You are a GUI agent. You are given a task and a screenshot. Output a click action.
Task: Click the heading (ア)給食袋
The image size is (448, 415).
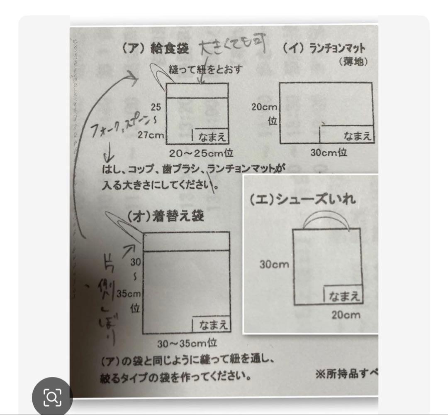click(156, 49)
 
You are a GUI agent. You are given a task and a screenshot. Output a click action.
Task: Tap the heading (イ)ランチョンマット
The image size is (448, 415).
click(325, 49)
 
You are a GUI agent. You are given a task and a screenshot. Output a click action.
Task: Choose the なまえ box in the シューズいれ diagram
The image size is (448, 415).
click(342, 296)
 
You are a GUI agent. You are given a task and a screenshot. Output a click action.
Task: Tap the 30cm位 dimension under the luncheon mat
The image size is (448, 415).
click(329, 152)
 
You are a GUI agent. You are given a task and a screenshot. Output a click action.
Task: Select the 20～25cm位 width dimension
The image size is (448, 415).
click(201, 153)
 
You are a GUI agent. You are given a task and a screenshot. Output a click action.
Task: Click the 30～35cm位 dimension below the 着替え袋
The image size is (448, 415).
click(187, 343)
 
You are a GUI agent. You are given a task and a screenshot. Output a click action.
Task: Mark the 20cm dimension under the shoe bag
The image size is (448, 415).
click(346, 315)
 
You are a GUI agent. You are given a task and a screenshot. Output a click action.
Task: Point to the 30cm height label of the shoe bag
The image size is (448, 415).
click(274, 264)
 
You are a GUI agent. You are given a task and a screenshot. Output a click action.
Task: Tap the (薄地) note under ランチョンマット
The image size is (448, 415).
click(353, 62)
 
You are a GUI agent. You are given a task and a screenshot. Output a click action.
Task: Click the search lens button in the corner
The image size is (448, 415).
click(52, 398)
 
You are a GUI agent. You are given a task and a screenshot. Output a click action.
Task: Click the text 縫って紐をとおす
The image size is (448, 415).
click(206, 69)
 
